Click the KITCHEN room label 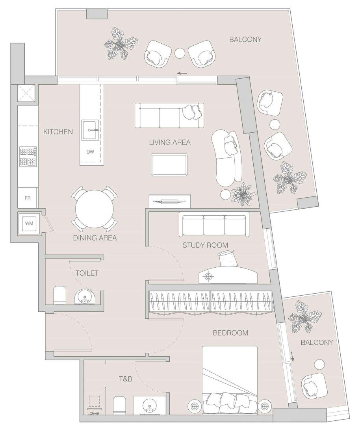[58, 131]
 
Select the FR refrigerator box [28, 198]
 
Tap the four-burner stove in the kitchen [28, 156]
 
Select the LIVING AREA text [169, 142]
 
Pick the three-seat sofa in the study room [214, 225]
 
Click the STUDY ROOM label [205, 246]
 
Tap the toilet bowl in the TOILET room [60, 295]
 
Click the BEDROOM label [230, 333]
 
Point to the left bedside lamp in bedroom [194, 406]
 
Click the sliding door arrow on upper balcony [182, 73]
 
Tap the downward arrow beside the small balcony [293, 357]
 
